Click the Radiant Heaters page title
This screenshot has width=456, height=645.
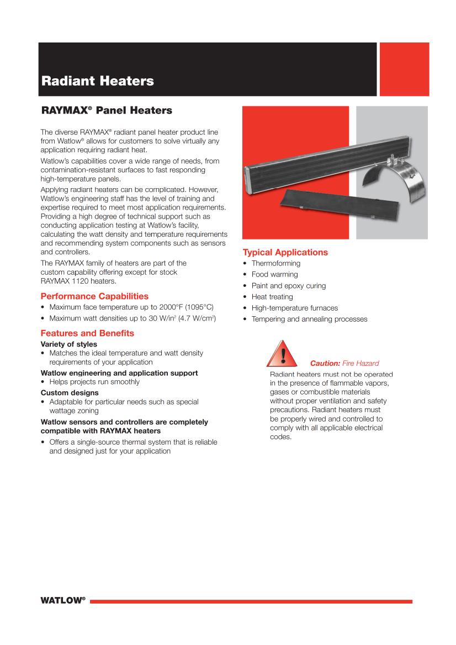tap(98, 82)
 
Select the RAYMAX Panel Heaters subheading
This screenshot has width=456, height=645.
tap(107, 111)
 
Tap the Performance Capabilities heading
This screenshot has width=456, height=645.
tap(94, 296)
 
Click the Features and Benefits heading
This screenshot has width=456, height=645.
tap(87, 333)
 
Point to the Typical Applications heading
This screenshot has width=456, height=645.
tap(285, 253)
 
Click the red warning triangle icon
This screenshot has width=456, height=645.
tap(283, 354)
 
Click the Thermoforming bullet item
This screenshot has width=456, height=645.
tap(276, 263)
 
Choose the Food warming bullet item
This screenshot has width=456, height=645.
tap(274, 274)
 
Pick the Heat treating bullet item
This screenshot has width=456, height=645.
tap(272, 297)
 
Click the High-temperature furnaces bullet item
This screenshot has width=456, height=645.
tap(295, 308)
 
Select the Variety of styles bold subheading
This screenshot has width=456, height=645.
tap(69, 344)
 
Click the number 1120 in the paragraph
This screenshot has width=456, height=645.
tap(80, 281)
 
